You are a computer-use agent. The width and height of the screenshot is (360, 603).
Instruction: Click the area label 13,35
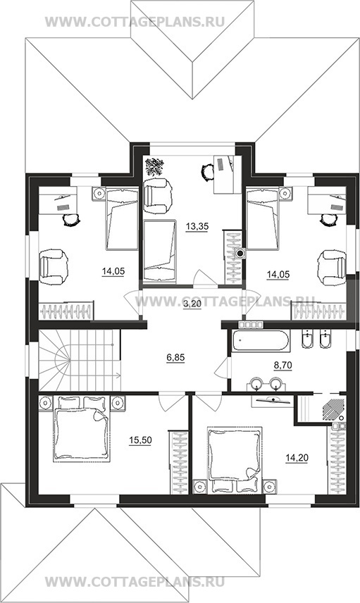[197, 227]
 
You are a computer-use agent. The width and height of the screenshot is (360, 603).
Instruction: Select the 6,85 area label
[175, 358]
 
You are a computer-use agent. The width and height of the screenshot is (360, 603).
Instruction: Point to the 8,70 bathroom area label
[283, 366]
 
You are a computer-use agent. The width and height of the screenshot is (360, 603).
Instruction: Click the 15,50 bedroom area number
[140, 440]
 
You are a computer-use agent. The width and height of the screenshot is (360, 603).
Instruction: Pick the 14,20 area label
[297, 458]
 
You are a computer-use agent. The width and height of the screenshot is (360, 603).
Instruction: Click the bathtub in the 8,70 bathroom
[261, 341]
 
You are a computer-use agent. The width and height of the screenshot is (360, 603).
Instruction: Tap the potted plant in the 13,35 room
[154, 167]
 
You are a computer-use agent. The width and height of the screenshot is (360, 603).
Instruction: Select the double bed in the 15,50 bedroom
[81, 428]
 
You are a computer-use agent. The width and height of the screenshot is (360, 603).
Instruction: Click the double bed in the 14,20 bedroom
[234, 459]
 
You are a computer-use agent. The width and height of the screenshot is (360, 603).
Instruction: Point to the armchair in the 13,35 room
[158, 195]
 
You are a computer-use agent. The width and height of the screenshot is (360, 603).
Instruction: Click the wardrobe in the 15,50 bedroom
[179, 462]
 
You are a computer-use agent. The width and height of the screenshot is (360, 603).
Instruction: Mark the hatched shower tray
[333, 409]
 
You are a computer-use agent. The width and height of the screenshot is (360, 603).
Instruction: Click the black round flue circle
[241, 253]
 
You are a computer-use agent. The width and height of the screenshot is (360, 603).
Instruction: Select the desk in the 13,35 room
[228, 175]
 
